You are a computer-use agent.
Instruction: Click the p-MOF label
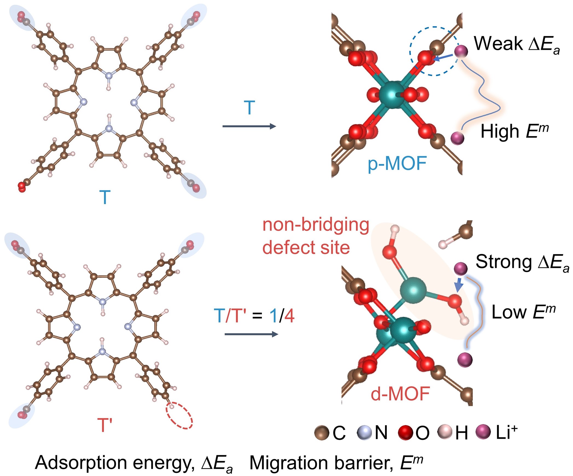pyautogui.click(x=397, y=164)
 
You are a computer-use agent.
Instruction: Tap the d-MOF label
pyautogui.click(x=400, y=394)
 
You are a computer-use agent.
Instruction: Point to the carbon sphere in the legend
pyautogui.click(x=322, y=433)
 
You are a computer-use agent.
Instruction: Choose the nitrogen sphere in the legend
pyautogui.click(x=364, y=433)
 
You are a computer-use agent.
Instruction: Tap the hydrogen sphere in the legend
pyautogui.click(x=445, y=432)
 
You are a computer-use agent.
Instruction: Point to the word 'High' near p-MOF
pyautogui.click(x=500, y=132)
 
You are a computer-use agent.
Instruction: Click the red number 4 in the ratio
pyautogui.click(x=289, y=316)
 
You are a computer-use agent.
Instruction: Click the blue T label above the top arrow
pyautogui.click(x=249, y=108)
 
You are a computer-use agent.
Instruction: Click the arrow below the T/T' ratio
pyautogui.click(x=251, y=334)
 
